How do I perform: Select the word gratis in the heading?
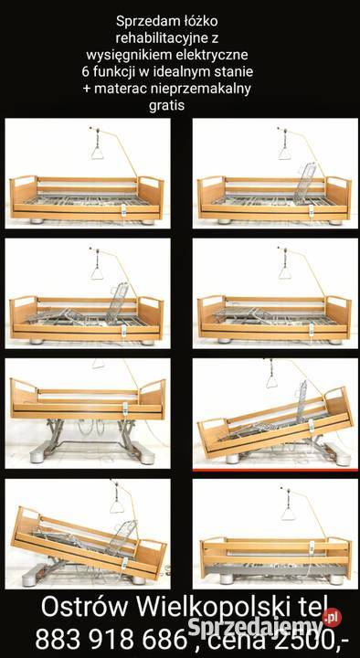[166, 106]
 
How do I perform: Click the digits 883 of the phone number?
[58, 640]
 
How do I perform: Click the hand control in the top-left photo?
[124, 209]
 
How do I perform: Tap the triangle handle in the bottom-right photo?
[288, 513]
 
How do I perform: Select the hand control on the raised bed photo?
[125, 408]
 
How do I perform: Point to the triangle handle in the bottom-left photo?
[117, 504]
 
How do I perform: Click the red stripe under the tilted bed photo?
[275, 470]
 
